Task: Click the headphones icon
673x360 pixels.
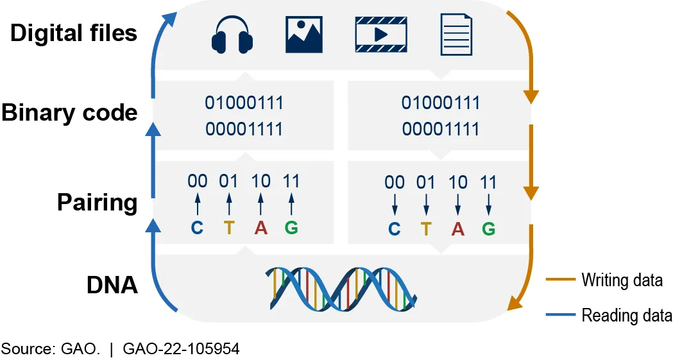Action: [x=232, y=36]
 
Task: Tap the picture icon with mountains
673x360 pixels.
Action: [x=304, y=34]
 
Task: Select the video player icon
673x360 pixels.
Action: [x=381, y=34]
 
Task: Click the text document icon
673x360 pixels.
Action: [x=457, y=34]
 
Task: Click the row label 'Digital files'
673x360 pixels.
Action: [x=74, y=33]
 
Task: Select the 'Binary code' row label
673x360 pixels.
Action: [x=69, y=113]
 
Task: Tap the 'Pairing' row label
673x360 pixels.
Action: [x=97, y=202]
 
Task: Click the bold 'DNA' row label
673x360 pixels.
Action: [x=112, y=285]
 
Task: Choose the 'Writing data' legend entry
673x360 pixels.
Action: [x=604, y=280]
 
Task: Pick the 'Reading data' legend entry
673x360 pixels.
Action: [x=609, y=315]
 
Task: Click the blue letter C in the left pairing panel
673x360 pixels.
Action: [x=197, y=227]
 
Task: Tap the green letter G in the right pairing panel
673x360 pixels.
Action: [x=488, y=228]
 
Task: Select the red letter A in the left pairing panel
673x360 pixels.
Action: [x=260, y=227]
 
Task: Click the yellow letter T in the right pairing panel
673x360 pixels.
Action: [x=426, y=228]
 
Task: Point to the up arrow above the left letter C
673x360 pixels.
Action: [x=198, y=204]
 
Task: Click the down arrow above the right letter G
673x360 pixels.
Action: [x=488, y=205]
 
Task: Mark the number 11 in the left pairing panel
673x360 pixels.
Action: [x=291, y=181]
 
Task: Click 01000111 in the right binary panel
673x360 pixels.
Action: [x=441, y=103]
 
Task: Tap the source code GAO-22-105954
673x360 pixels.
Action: [x=181, y=348]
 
